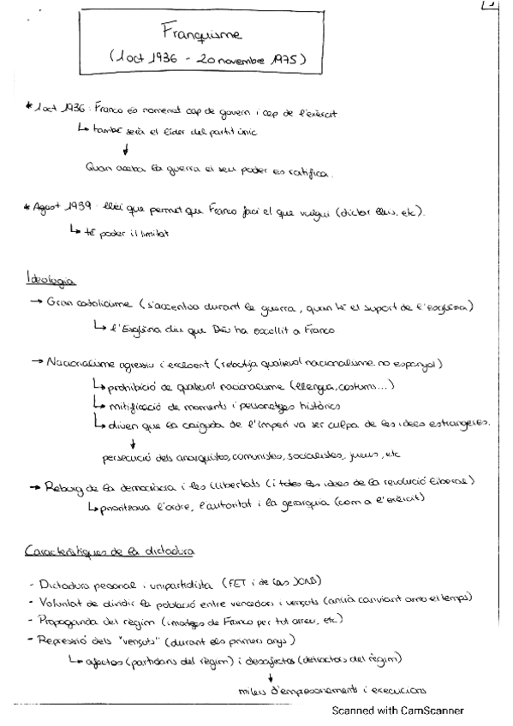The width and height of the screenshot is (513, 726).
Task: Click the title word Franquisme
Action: pyautogui.click(x=201, y=34)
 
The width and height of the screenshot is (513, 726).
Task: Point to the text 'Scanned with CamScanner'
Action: pyautogui.click(x=398, y=710)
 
